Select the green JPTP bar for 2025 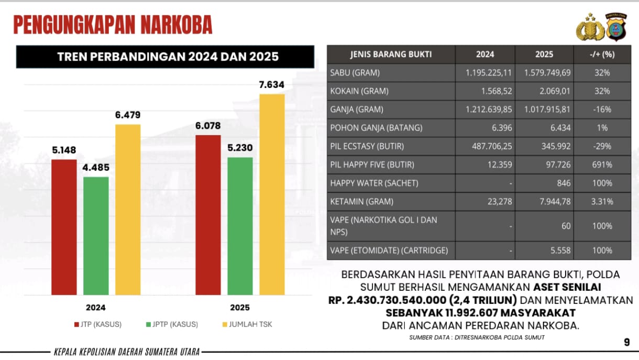tap(240, 225)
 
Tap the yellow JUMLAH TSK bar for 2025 tap(272, 194)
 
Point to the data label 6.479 tap(128, 115)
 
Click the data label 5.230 tap(240, 148)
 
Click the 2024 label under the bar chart tap(95, 308)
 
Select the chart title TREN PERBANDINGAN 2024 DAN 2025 tap(165, 57)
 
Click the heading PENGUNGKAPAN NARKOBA tap(113, 25)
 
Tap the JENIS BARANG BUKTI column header tap(391, 54)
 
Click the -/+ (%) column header tap(602, 54)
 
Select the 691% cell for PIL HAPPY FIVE tap(602, 165)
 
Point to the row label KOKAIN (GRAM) tap(359, 91)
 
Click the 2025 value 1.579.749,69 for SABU tap(544, 73)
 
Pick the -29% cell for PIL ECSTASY tap(602, 146)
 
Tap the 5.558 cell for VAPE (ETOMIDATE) tap(560, 250)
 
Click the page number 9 tap(626, 342)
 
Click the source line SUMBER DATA tap(477, 337)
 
